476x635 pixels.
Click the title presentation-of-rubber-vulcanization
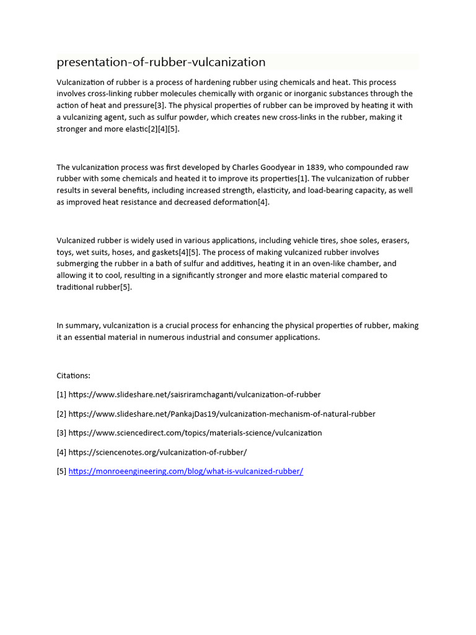click(x=161, y=62)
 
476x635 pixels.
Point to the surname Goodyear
click(x=276, y=167)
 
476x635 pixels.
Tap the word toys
click(x=66, y=252)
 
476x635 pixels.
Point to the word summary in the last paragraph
click(x=82, y=326)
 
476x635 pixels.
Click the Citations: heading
click(x=74, y=375)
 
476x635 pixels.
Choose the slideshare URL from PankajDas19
click(x=221, y=414)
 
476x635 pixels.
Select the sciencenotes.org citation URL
click(x=157, y=452)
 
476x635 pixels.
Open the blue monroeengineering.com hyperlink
click(x=185, y=471)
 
